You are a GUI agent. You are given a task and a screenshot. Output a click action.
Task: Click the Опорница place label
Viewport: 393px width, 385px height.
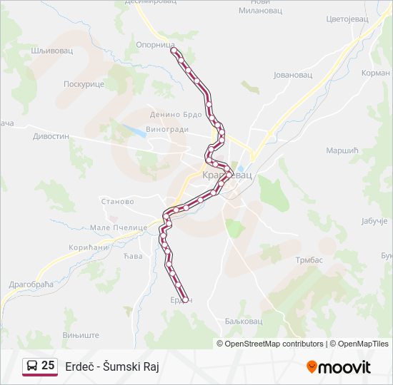tap(155, 44)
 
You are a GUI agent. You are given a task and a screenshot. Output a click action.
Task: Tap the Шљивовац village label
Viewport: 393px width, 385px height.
tap(53, 51)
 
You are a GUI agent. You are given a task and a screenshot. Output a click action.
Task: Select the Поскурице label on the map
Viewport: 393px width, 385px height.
tap(84, 83)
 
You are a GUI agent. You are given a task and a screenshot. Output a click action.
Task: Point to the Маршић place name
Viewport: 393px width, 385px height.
tap(341, 150)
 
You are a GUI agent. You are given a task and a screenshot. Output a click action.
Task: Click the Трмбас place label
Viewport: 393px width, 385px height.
tap(309, 260)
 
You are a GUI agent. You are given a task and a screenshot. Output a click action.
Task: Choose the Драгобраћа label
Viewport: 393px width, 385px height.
tap(31, 284)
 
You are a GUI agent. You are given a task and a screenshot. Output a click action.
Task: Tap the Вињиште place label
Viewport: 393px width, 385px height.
tap(80, 334)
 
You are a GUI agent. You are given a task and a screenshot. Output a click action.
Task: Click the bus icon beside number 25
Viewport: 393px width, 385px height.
tap(31, 366)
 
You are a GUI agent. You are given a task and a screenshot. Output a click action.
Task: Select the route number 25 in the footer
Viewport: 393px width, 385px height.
tap(48, 366)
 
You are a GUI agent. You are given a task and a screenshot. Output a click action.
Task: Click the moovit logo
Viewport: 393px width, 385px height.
tap(339, 367)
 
